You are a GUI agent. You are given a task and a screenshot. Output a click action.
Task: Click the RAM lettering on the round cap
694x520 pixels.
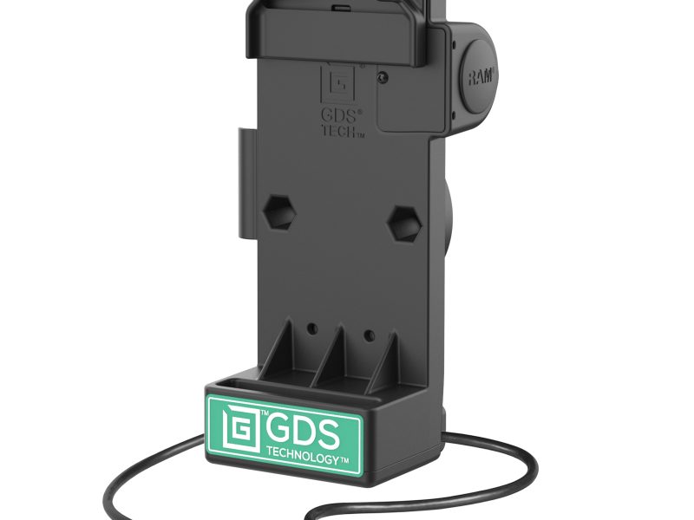coord(481,77)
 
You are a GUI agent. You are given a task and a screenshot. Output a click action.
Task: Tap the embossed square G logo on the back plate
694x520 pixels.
coord(337,83)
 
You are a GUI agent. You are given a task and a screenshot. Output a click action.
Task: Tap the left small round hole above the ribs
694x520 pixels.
coord(311,329)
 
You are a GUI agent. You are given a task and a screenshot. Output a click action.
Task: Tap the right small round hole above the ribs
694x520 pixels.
coord(368,332)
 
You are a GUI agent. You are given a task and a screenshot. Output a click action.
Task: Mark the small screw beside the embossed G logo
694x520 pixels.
coord(382,77)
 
